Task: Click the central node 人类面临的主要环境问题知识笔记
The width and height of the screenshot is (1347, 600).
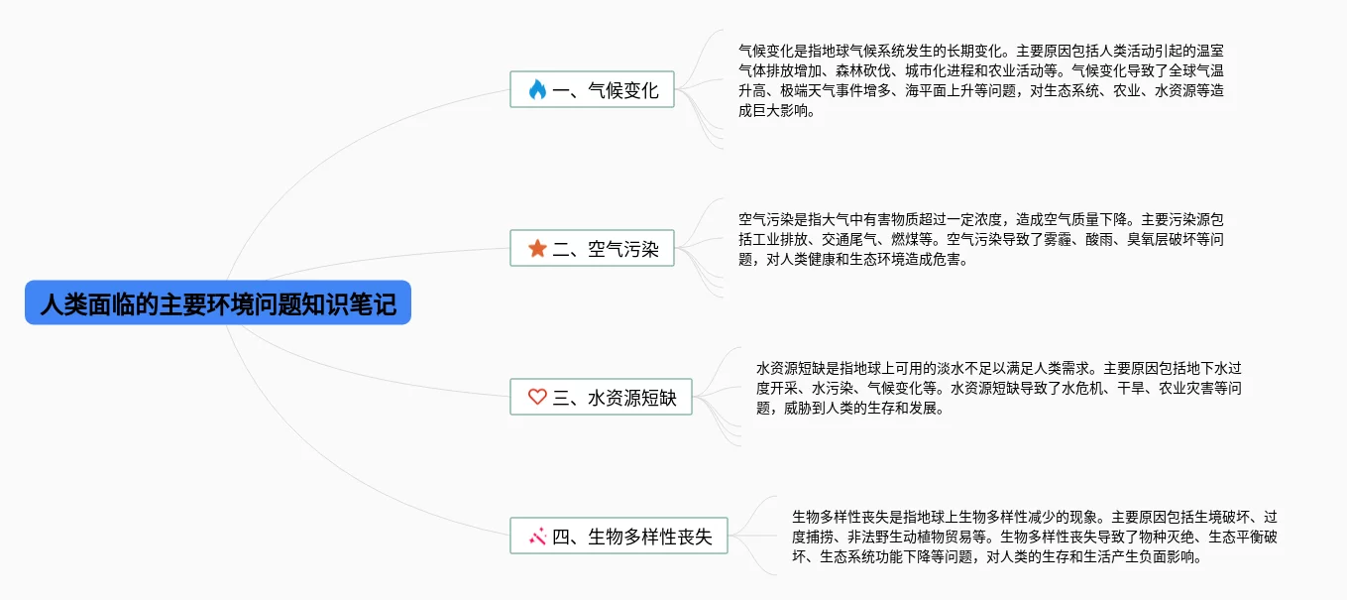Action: click(218, 302)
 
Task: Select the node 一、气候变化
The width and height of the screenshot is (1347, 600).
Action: click(592, 90)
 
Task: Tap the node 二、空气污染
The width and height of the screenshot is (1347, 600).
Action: click(592, 248)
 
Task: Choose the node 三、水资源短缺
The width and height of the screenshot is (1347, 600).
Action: click(601, 397)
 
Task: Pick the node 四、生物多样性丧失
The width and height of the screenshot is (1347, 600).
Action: click(618, 537)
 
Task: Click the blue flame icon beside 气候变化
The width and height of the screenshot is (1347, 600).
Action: click(537, 90)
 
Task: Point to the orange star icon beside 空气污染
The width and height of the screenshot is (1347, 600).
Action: click(537, 248)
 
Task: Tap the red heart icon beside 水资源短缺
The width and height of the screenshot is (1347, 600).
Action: click(537, 397)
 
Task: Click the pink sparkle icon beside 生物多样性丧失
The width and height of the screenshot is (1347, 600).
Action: click(538, 537)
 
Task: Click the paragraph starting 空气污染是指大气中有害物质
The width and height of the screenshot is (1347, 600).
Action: click(981, 240)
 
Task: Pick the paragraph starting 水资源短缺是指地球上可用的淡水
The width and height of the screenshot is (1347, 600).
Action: click(998, 388)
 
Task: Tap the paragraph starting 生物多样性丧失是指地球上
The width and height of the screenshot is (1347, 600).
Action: click(1034, 537)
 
